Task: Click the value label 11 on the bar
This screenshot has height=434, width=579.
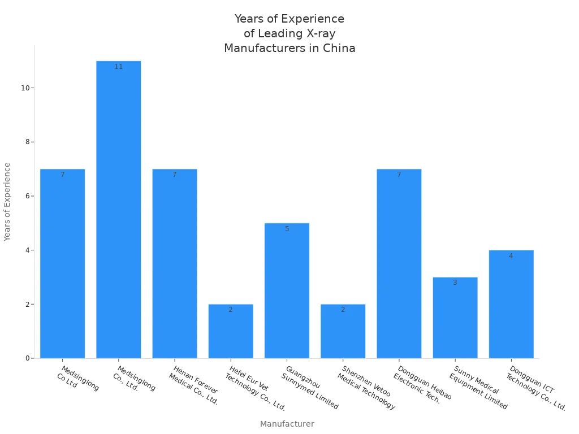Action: click(118, 67)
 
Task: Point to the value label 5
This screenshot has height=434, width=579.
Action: click(287, 229)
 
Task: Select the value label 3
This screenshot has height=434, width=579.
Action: click(455, 283)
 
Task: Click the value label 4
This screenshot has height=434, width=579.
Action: click(511, 256)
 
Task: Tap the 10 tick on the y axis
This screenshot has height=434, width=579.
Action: click(25, 88)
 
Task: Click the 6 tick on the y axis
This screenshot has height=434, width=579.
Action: click(27, 196)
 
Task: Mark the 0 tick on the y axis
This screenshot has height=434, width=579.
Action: click(27, 358)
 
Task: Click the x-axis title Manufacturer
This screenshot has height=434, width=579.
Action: click(287, 424)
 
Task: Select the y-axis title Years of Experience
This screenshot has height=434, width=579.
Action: click(7, 202)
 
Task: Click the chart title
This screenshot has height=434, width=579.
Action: click(289, 33)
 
